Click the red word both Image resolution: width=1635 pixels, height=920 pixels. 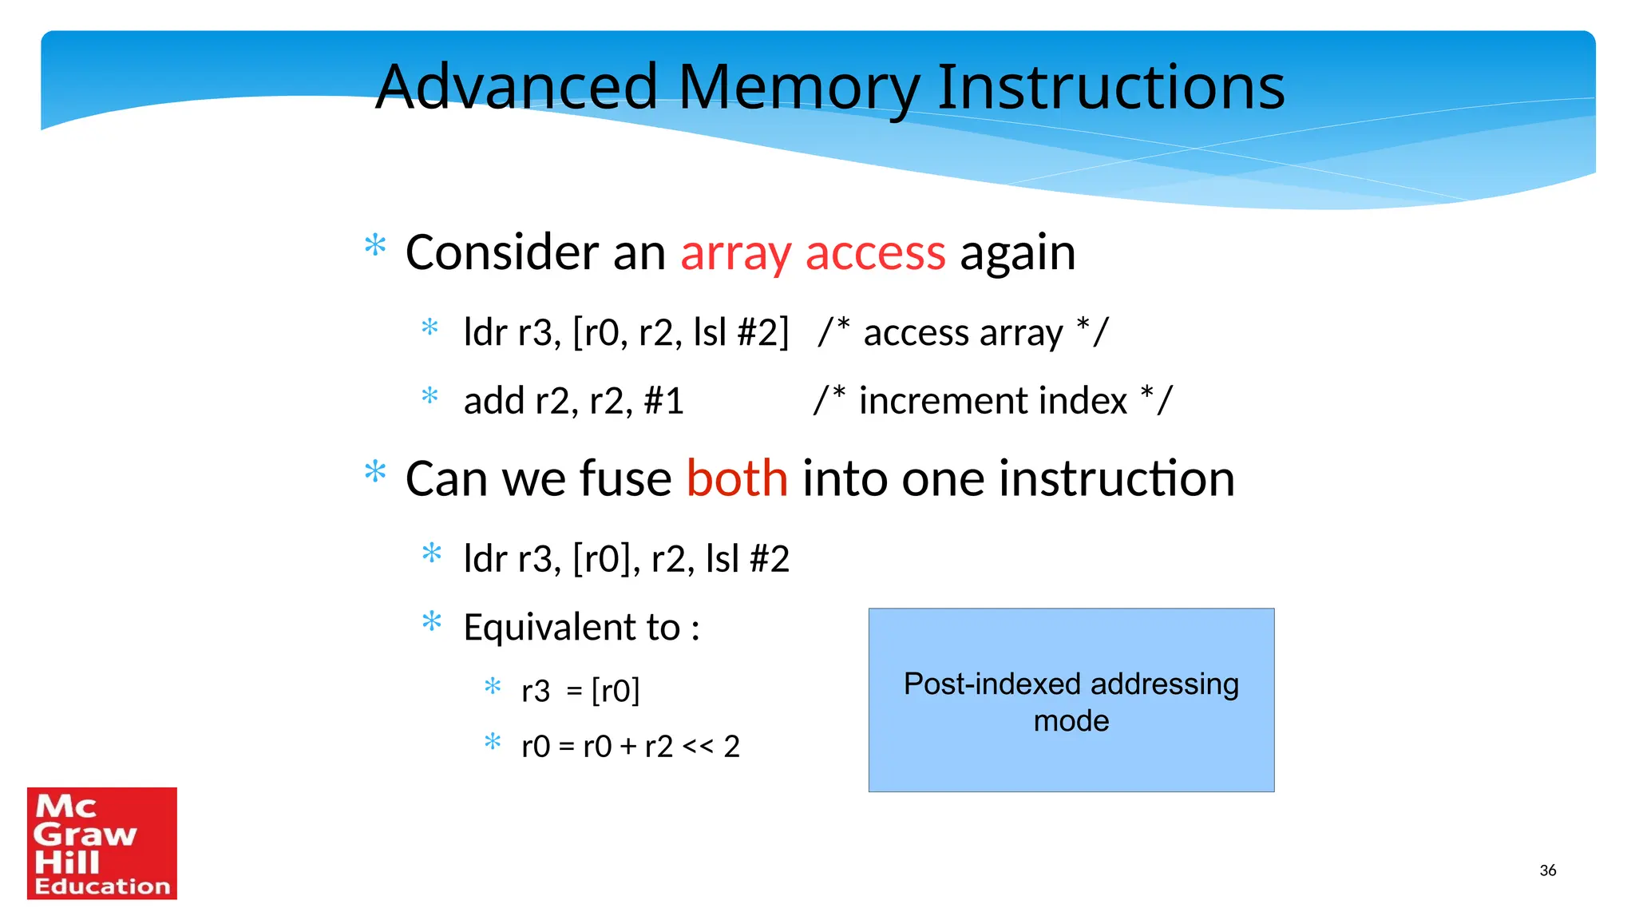[x=737, y=478]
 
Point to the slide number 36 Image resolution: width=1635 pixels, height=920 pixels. [x=1547, y=870]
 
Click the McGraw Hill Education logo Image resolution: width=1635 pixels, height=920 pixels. [x=102, y=843]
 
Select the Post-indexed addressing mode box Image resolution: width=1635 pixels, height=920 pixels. [x=1071, y=700]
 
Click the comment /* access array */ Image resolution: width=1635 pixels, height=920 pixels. [x=963, y=332]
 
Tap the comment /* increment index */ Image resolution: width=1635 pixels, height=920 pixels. [x=992, y=400]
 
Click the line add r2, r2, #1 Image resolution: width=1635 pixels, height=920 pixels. [x=573, y=400]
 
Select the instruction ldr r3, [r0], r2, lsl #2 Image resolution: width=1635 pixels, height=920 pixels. [x=626, y=558]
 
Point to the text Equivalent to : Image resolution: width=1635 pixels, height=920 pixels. [x=581, y=627]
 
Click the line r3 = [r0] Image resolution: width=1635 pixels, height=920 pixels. [x=580, y=691]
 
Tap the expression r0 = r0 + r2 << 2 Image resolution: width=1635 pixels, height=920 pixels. [x=630, y=747]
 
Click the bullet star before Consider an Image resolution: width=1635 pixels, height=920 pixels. [x=375, y=245]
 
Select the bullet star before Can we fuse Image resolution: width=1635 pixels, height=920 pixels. [x=375, y=472]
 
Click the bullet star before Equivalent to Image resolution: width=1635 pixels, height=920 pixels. [x=432, y=621]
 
